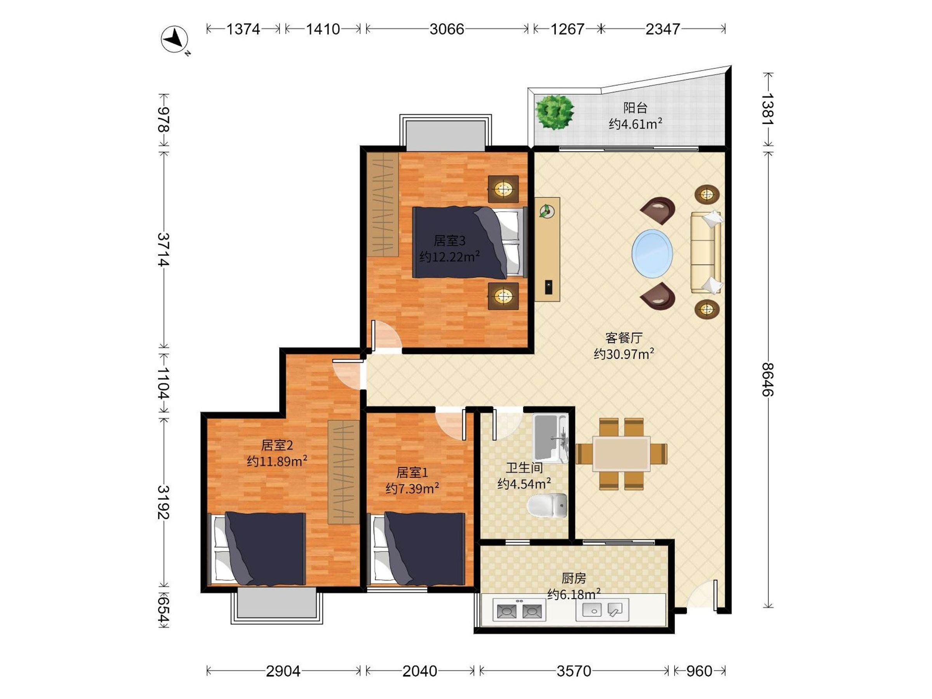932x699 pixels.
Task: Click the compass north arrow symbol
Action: (x=175, y=39)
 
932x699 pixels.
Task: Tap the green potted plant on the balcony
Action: (x=555, y=112)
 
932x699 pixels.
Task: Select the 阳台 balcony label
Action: (x=635, y=108)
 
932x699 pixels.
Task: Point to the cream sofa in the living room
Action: (x=706, y=252)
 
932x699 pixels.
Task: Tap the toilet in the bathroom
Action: (x=547, y=506)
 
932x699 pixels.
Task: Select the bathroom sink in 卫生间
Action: (x=550, y=438)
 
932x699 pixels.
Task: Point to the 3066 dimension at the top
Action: (x=447, y=29)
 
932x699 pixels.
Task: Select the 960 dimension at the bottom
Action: (x=699, y=671)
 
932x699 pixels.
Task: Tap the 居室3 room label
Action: (x=450, y=241)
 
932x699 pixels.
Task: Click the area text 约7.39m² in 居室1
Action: (x=412, y=489)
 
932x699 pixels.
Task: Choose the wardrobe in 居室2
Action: (x=344, y=472)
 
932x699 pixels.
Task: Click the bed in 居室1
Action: (x=419, y=549)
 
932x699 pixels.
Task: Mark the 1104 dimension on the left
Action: (x=163, y=383)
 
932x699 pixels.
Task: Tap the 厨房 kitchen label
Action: (x=574, y=578)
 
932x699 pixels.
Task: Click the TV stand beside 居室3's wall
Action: (x=547, y=249)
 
